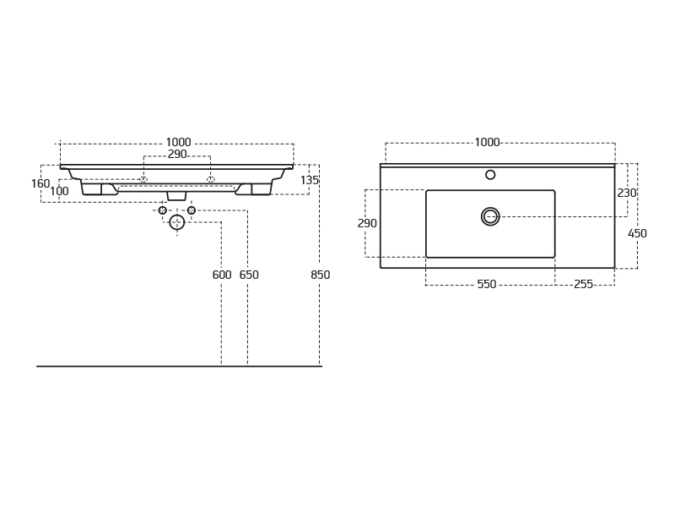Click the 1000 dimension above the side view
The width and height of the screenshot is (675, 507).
click(178, 142)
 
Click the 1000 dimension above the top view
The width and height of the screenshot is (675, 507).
click(487, 142)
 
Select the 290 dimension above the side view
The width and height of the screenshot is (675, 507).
click(177, 155)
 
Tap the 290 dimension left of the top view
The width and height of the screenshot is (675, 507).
click(367, 223)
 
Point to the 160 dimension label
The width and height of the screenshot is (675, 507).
click(40, 183)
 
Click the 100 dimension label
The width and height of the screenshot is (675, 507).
click(59, 191)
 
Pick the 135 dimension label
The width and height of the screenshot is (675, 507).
click(310, 180)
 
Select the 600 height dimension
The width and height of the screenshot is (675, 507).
click(222, 275)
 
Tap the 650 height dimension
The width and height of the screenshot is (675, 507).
click(249, 275)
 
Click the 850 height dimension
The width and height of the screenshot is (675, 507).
click(321, 275)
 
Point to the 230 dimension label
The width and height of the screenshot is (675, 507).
click(627, 193)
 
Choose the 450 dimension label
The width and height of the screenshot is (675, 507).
click(637, 233)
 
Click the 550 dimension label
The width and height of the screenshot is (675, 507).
click(487, 284)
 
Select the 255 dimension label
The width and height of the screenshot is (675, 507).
click(583, 284)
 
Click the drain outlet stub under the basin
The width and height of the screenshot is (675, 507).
click(176, 196)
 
